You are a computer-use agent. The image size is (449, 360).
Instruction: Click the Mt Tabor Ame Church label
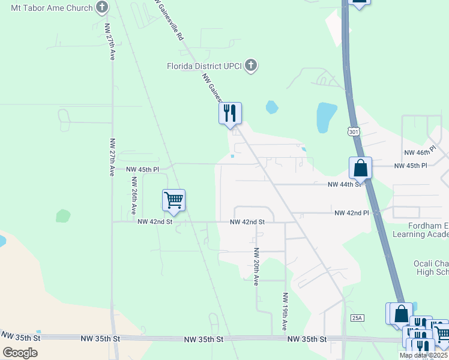(48, 8)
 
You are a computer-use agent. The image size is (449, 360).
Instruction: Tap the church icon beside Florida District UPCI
(251, 65)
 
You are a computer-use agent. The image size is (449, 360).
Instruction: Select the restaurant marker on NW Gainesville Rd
(230, 113)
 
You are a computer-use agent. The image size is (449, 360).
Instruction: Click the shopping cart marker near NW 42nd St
(173, 200)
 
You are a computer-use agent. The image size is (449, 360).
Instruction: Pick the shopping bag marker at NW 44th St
(361, 168)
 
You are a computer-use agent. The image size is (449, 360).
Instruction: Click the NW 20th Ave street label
(256, 266)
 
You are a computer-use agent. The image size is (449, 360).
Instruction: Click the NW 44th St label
(344, 185)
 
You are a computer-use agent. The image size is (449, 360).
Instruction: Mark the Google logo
(20, 352)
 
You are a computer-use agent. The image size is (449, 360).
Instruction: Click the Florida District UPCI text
(205, 65)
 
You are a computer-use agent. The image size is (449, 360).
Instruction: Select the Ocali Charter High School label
(431, 268)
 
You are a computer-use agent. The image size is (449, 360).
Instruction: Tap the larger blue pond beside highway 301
(326, 116)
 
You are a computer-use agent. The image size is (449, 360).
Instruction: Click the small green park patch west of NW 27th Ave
(63, 216)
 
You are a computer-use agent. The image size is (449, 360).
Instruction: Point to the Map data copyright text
(424, 355)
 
